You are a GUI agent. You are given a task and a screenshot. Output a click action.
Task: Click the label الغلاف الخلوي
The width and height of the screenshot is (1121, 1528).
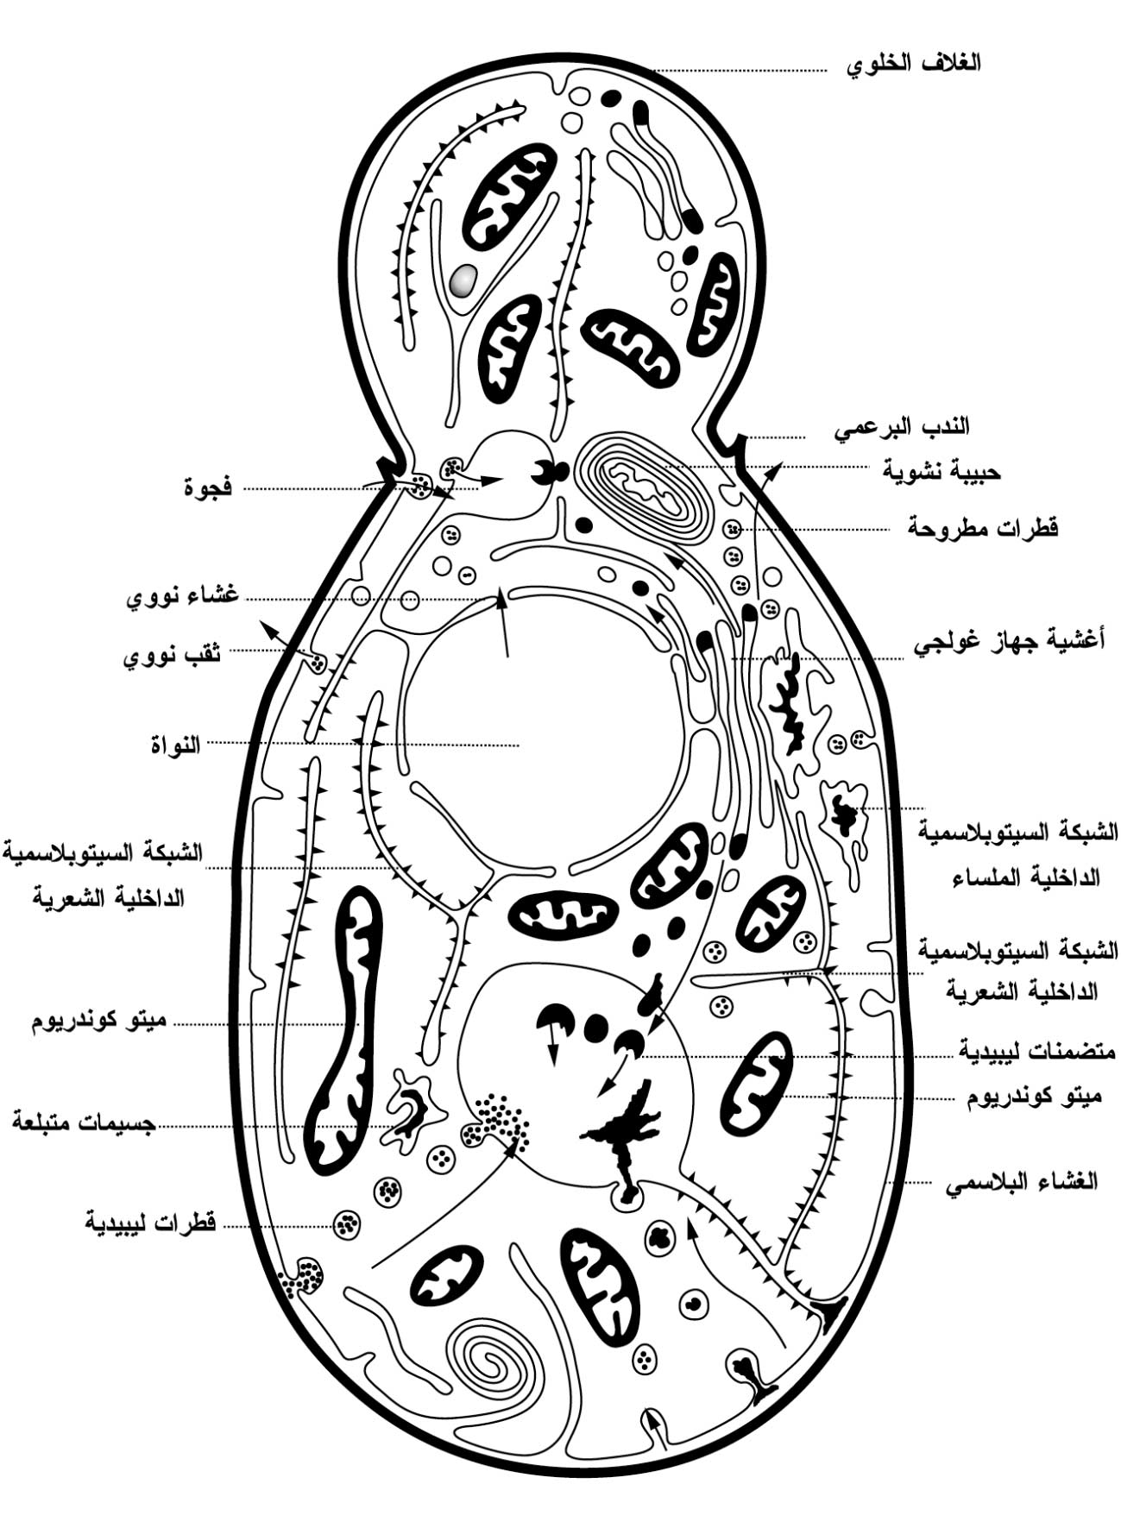coord(913,63)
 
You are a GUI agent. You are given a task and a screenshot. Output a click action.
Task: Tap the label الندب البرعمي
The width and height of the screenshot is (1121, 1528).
coord(901,426)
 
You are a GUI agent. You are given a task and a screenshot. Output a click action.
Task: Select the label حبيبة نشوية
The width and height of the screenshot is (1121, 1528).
coord(942,471)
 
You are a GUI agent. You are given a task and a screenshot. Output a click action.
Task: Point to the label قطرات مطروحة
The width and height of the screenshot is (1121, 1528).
coord(983,526)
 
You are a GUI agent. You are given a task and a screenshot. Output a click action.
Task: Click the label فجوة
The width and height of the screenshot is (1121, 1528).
coord(208,487)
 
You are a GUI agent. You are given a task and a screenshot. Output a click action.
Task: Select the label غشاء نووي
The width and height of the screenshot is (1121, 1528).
coord(183,597)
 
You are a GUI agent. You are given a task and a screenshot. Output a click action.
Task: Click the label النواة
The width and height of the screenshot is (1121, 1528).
coord(176,743)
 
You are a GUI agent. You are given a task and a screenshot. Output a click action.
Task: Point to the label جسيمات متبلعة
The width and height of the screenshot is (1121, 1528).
coord(84,1122)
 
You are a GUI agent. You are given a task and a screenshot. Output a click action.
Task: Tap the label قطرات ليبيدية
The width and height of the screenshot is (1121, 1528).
coord(150,1223)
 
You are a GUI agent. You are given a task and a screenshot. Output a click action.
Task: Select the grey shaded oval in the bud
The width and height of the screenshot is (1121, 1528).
coord(463,279)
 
